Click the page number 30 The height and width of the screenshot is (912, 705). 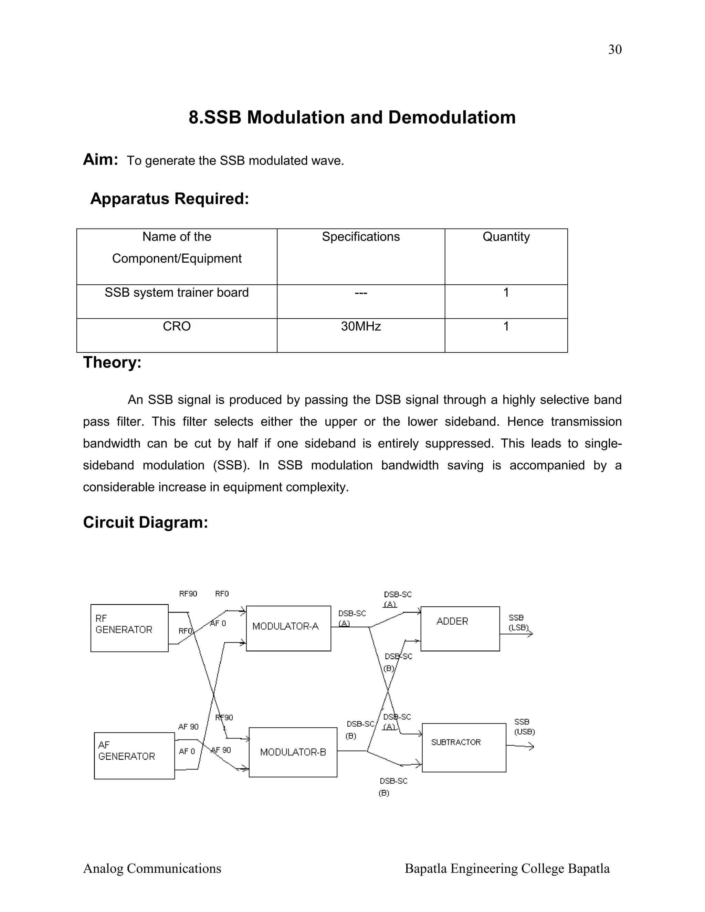click(x=614, y=50)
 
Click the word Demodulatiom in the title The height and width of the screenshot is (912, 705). click(x=452, y=117)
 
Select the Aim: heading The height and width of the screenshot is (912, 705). click(x=100, y=160)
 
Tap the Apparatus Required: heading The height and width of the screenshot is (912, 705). click(x=170, y=199)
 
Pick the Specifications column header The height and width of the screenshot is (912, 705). click(x=360, y=237)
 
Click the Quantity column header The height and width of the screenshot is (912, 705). click(x=506, y=237)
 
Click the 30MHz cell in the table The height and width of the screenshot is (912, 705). click(x=360, y=326)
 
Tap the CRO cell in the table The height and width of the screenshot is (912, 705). click(x=177, y=326)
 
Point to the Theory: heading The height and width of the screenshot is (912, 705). click(x=112, y=362)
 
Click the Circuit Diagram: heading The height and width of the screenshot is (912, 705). click(x=145, y=522)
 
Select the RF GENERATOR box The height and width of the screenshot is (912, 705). click(x=129, y=628)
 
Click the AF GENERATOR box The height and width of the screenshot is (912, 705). click(x=134, y=755)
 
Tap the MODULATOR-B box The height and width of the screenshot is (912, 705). click(x=293, y=752)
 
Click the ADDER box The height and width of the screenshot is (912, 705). click(x=460, y=628)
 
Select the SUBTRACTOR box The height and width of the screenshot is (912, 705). click(x=464, y=747)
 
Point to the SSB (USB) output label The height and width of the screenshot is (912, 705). click(x=524, y=727)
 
